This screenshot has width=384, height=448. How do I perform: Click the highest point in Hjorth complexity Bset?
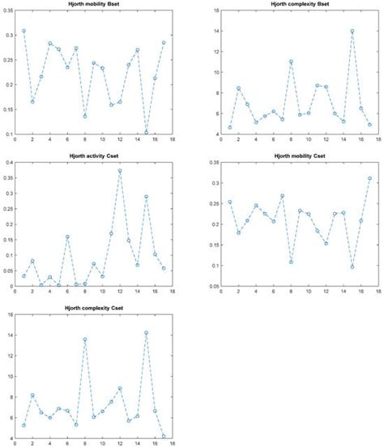tap(352, 32)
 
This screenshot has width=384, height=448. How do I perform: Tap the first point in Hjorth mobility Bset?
tap(24, 31)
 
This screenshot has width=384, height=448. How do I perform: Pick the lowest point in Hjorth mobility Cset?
tap(352, 267)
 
